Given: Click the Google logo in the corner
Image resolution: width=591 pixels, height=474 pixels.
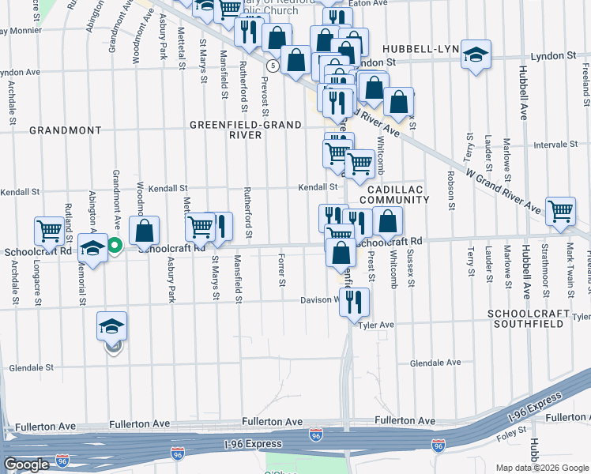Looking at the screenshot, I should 26,465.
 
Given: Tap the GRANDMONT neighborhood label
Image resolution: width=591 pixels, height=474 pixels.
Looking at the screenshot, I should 66,130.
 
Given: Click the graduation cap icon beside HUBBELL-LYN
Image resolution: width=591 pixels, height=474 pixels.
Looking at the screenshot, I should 476,55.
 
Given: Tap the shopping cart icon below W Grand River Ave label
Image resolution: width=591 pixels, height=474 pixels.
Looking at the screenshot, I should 560,211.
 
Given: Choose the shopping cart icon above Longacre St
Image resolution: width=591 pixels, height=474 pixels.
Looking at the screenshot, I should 49,231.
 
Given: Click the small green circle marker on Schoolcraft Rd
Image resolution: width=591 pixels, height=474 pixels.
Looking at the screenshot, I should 115,246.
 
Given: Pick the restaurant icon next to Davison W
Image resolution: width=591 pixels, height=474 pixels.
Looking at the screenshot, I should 355,301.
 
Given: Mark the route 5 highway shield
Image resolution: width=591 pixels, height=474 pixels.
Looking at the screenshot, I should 272,65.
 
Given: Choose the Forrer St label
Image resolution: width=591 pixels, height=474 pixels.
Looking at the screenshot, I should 282,270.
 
